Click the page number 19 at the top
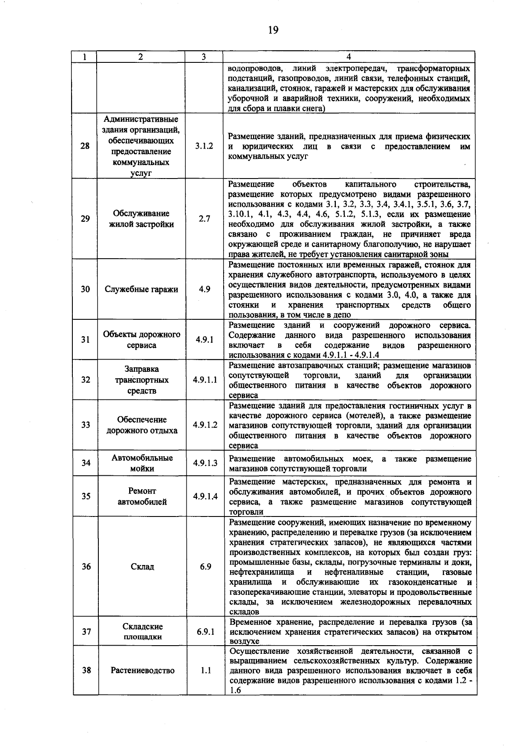(x=273, y=30)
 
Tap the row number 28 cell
(x=85, y=146)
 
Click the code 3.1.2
(x=204, y=146)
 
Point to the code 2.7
(x=204, y=219)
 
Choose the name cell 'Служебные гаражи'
(x=141, y=289)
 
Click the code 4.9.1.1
(x=205, y=380)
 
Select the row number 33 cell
(x=85, y=425)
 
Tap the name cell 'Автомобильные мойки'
(x=142, y=463)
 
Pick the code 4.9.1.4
(x=205, y=497)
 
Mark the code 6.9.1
(x=205, y=632)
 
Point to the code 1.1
(x=205, y=670)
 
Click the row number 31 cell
(x=85, y=340)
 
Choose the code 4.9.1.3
(x=205, y=463)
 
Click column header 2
(x=141, y=57)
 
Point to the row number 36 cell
(x=86, y=567)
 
